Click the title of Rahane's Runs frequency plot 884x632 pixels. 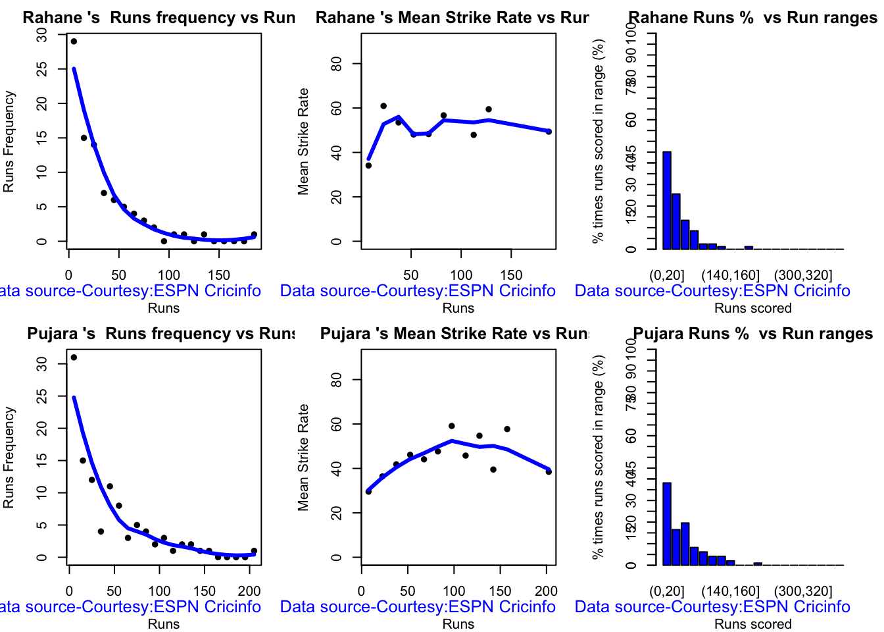click(x=159, y=18)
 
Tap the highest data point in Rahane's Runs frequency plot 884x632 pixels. click(x=74, y=41)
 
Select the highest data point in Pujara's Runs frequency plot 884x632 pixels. click(x=74, y=357)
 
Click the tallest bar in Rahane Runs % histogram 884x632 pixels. click(x=667, y=200)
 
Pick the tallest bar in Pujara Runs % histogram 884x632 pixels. click(x=667, y=523)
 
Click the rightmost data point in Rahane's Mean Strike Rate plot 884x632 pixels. click(x=549, y=132)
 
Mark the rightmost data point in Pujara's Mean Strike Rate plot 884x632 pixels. click(x=549, y=472)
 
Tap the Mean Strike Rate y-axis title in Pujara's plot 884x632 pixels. click(x=303, y=458)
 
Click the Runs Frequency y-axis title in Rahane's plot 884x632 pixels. click(x=9, y=142)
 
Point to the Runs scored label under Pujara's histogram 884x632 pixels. click(x=753, y=624)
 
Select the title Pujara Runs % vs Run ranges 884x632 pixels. click(x=752, y=334)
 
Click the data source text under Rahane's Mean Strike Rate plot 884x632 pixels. click(x=418, y=291)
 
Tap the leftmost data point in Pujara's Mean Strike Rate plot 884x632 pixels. click(x=368, y=492)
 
